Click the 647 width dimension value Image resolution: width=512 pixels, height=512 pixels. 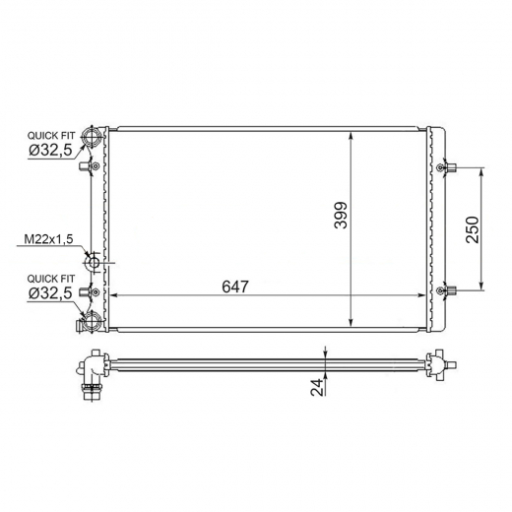(235, 287)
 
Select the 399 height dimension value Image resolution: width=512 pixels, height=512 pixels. (341, 215)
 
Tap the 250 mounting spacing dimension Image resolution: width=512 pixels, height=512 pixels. (473, 229)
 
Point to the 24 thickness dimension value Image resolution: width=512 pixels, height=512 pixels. (317, 387)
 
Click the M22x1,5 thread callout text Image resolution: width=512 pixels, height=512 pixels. (48, 239)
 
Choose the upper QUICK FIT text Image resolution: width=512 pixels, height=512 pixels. (51, 135)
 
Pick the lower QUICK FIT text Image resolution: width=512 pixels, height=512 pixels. (51, 279)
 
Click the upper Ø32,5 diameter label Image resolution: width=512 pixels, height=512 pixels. (50, 151)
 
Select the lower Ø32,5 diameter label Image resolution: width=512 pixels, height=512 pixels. (50, 293)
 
